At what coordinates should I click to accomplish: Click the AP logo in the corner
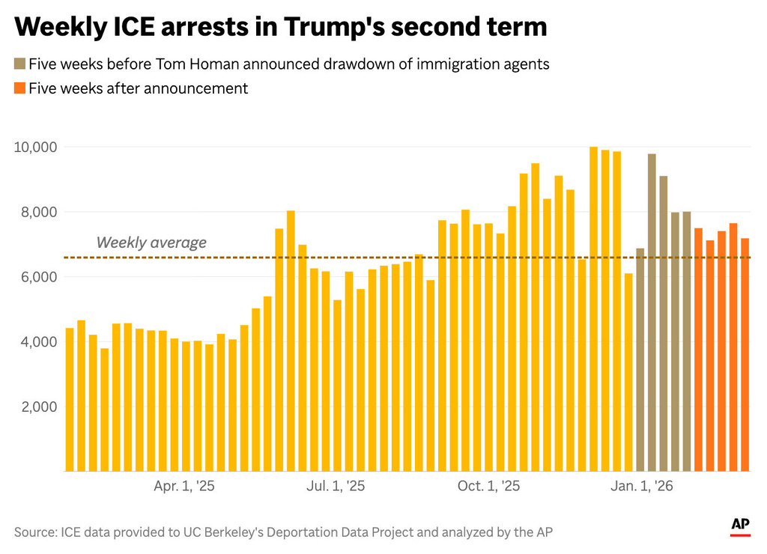click(x=740, y=527)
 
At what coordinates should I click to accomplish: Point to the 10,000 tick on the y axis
click(x=36, y=147)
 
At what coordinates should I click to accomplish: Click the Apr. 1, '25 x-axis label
click(x=184, y=487)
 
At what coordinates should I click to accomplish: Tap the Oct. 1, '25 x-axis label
click(x=489, y=487)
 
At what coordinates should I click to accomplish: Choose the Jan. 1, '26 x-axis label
click(x=642, y=487)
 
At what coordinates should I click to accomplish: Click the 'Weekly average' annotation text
click(x=151, y=243)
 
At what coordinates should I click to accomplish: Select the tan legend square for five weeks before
click(x=19, y=64)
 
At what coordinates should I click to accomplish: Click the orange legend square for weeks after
click(x=19, y=88)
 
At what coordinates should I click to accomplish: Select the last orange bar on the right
click(x=745, y=355)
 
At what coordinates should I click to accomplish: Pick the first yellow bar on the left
click(x=70, y=400)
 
